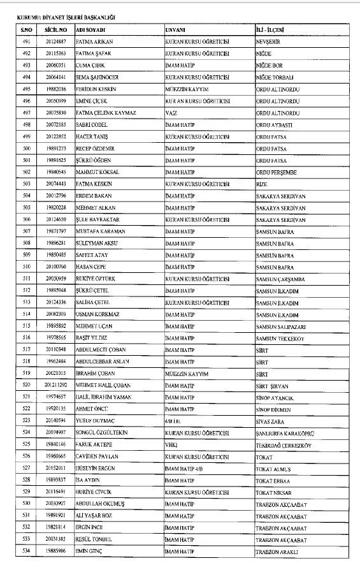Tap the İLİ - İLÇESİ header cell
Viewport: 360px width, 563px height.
coord(272,30)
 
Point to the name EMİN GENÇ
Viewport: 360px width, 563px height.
coord(91,551)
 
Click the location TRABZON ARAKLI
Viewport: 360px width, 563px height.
coord(276,551)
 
